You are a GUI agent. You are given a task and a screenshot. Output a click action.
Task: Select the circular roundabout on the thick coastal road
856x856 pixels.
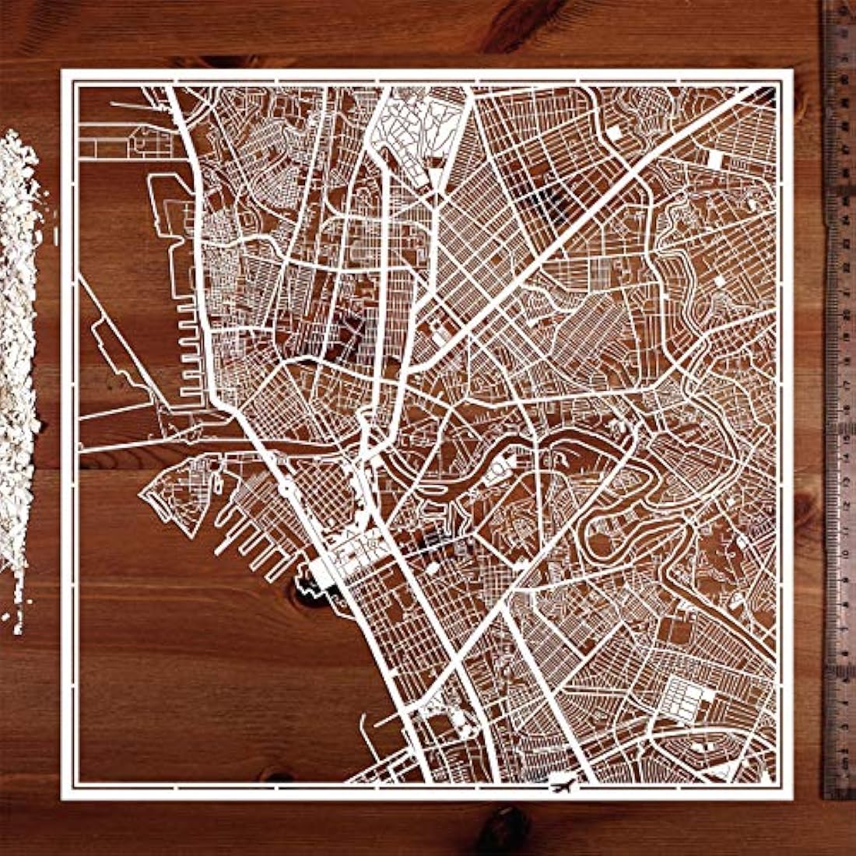coord(286,489)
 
